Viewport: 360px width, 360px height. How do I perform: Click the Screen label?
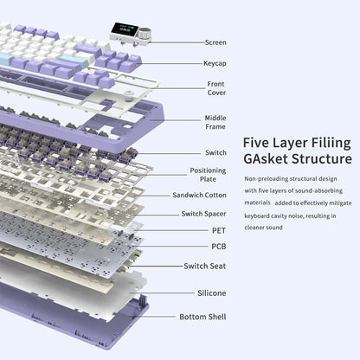coord(215,42)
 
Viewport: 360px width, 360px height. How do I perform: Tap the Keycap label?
coord(215,63)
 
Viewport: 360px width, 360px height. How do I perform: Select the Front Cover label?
coord(216,88)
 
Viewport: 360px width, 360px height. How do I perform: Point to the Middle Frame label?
coord(215,122)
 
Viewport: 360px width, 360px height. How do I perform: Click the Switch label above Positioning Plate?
coord(215,152)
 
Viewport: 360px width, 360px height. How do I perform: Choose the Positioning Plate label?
coord(208,175)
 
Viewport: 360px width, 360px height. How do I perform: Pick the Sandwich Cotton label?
coord(199,195)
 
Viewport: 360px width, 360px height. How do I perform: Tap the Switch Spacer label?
coord(203,214)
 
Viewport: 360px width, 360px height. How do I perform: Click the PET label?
coord(219,230)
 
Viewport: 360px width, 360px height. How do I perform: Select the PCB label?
coord(219,247)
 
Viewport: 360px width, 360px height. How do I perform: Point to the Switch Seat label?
coord(205,266)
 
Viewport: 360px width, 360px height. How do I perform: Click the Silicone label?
coord(212,293)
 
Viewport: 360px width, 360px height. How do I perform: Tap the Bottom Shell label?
coord(202,317)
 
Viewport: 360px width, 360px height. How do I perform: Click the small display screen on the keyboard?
coord(125,29)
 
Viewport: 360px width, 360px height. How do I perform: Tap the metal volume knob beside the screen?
coord(144,34)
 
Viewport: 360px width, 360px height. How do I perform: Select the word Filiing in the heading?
coord(331,144)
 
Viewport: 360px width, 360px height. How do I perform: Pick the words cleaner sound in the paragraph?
coord(263,228)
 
